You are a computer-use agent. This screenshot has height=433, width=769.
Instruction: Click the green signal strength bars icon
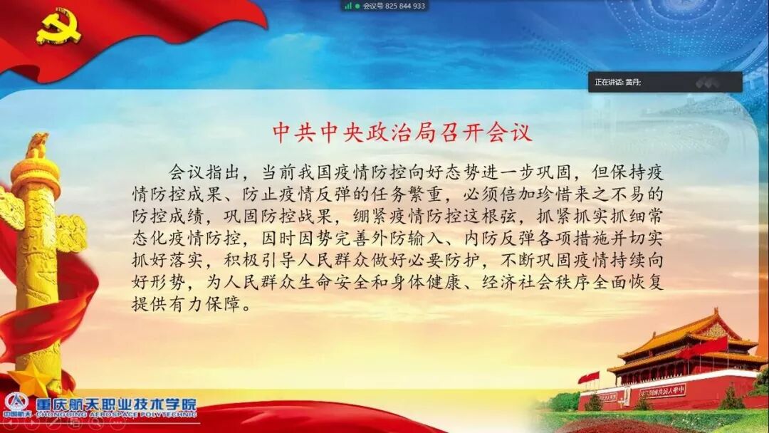tap(348, 6)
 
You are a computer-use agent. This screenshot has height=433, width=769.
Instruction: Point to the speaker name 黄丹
tap(632, 83)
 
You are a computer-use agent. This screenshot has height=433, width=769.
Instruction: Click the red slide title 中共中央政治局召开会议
tap(403, 132)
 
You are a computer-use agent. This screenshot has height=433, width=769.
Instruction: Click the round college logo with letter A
tap(15, 402)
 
